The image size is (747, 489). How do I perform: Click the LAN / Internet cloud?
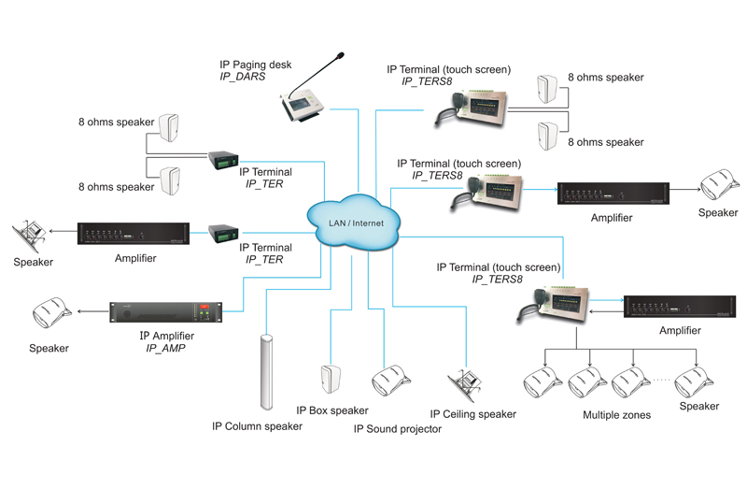(x=353, y=223)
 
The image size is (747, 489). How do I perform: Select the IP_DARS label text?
(x=242, y=77)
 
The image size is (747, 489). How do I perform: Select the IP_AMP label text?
(x=169, y=348)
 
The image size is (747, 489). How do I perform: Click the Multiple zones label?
(x=616, y=414)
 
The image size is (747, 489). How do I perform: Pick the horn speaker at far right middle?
(x=719, y=185)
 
